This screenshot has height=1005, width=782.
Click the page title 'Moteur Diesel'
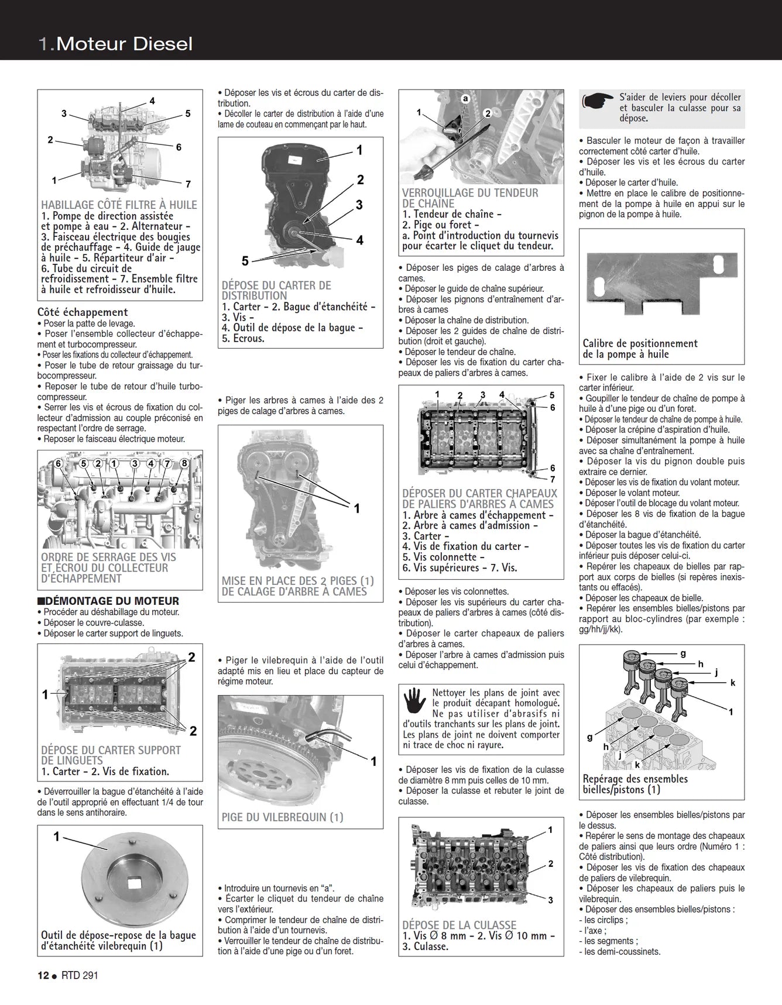(x=124, y=44)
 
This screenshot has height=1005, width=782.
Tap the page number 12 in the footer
(x=43, y=975)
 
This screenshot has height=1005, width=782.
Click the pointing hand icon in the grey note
(x=598, y=102)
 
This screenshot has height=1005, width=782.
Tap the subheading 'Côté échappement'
(x=83, y=312)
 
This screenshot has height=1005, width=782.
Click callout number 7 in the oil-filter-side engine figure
(x=188, y=184)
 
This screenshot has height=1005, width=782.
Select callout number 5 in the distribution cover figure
(x=245, y=261)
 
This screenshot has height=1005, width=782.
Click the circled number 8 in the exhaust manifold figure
(x=184, y=463)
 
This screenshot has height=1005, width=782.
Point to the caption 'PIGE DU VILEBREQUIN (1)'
(x=282, y=817)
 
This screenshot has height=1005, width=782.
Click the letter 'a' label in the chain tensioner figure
(x=465, y=99)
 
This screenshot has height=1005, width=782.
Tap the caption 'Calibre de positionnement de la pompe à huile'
(x=640, y=349)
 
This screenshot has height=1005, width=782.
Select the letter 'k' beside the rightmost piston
(x=732, y=683)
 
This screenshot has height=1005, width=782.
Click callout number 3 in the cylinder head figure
(x=550, y=900)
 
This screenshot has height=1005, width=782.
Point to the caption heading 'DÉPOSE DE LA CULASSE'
(x=459, y=925)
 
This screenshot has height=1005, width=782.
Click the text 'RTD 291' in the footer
(x=81, y=975)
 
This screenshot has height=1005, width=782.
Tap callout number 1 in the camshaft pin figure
(x=357, y=509)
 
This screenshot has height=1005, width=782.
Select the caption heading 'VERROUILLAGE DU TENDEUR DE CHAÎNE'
(x=469, y=198)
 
